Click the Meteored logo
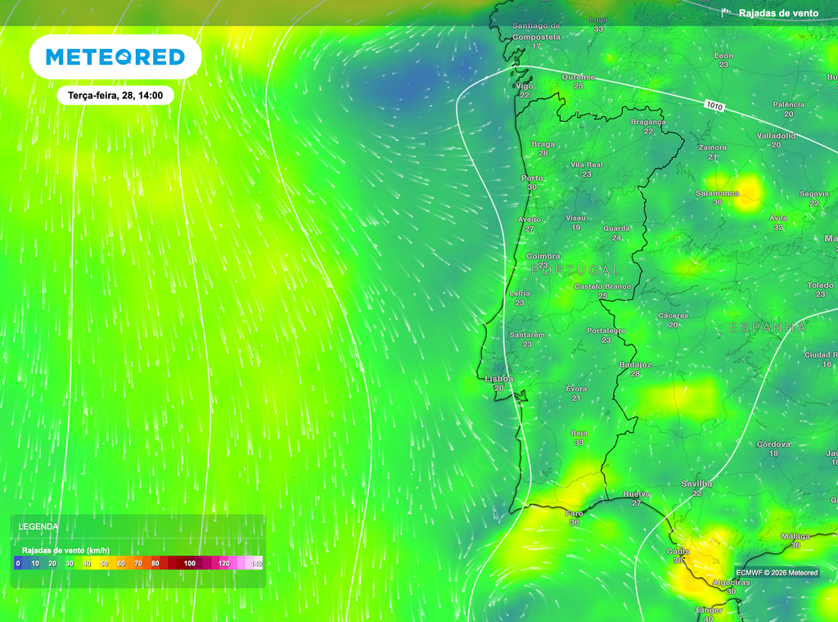[x=115, y=56]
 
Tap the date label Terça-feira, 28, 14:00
[x=115, y=96]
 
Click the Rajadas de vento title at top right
[x=778, y=13]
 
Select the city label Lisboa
[x=499, y=379]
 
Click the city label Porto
[x=532, y=178]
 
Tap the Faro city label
[x=574, y=513]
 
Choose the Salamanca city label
[x=717, y=193]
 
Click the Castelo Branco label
[x=602, y=286]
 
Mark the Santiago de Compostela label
[x=536, y=31]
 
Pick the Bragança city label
[x=648, y=122]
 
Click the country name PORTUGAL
[x=575, y=269]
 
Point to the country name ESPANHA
[x=767, y=327]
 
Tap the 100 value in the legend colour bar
[x=189, y=563]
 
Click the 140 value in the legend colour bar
[x=256, y=563]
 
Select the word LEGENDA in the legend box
[x=38, y=526]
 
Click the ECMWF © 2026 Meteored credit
[x=776, y=572]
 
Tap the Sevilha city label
[x=696, y=484]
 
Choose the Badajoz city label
[x=635, y=364]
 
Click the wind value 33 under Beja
[x=579, y=442]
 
